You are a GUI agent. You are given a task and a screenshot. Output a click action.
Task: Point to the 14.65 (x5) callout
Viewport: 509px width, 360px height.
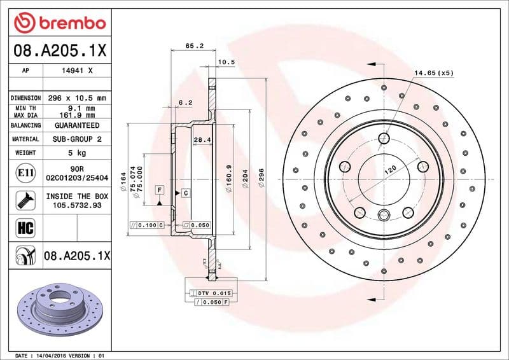click(433, 73)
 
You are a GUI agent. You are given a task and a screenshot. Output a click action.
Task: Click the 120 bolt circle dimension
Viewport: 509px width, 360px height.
click(389, 170)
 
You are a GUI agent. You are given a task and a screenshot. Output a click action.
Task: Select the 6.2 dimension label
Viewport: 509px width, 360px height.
click(185, 102)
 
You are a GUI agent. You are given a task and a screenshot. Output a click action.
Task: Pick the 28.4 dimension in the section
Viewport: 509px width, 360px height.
click(202, 139)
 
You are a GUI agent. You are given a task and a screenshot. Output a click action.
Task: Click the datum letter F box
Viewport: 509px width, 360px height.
click(159, 190)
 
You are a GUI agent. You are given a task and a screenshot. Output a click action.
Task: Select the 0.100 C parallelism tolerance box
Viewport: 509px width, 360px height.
click(148, 225)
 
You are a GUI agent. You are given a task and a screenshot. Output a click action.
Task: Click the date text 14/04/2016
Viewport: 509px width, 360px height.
click(53, 355)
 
